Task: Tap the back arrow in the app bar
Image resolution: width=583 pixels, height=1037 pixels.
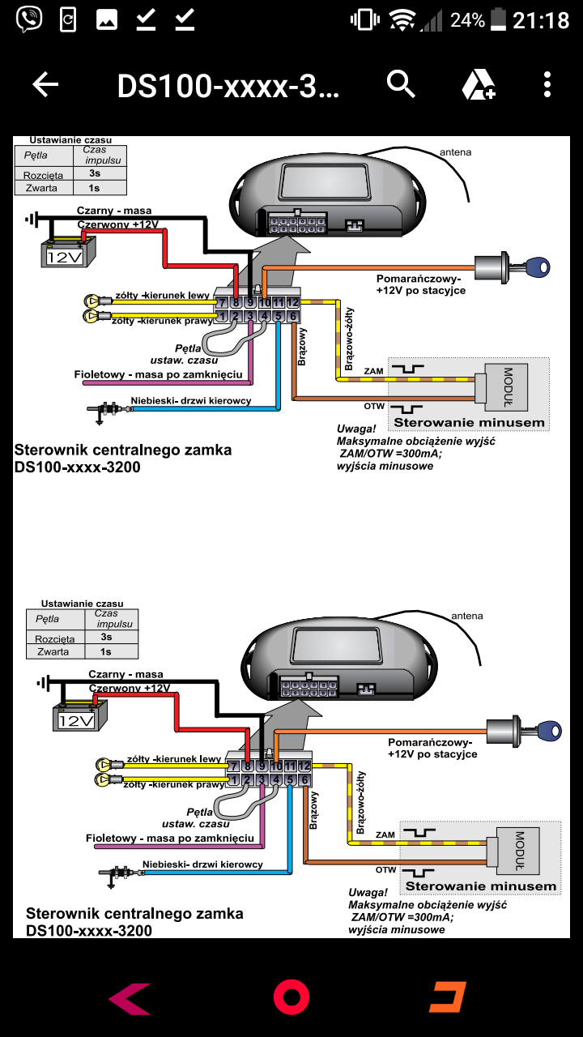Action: coord(45,84)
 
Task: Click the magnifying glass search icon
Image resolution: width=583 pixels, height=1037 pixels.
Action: coord(401,83)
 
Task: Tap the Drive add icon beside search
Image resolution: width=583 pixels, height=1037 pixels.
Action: coord(478,84)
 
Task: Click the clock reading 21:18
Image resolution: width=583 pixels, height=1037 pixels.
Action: coord(541,20)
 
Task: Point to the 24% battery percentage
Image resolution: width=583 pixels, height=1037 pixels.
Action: coord(467,20)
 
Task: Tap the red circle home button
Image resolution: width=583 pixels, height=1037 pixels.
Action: coord(291,996)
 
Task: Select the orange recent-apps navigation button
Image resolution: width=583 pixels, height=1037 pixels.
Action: coord(448,997)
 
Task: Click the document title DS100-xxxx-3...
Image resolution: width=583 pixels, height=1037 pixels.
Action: coord(228,85)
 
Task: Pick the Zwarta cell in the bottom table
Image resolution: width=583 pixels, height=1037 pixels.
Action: coord(53,651)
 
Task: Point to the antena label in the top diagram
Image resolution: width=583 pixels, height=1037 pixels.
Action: coord(455,151)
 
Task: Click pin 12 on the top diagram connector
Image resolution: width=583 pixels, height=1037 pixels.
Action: coord(292,302)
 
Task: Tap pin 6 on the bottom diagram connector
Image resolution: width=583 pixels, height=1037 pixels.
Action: coord(304,780)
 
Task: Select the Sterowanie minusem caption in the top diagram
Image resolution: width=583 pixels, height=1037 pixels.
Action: coord(469,422)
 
